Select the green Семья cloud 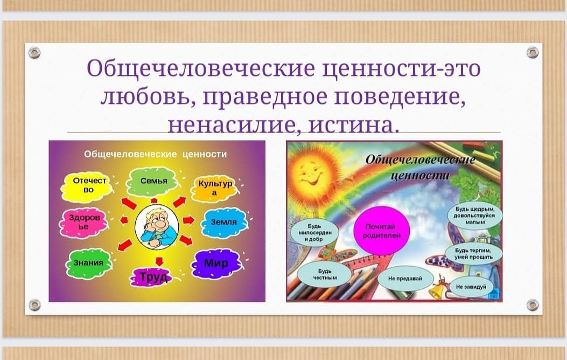pyautogui.click(x=153, y=181)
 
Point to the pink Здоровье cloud pyautogui.click(x=84, y=222)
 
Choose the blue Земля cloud pyautogui.click(x=224, y=222)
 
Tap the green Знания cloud pyautogui.click(x=89, y=263)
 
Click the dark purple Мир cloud pyautogui.click(x=216, y=264)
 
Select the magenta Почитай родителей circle pyautogui.click(x=381, y=231)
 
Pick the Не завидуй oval pyautogui.click(x=471, y=287)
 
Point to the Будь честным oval pyautogui.click(x=324, y=274)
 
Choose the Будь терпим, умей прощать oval pyautogui.click(x=473, y=253)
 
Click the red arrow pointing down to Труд pyautogui.click(x=159, y=261)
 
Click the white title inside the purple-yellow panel pyautogui.click(x=156, y=154)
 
